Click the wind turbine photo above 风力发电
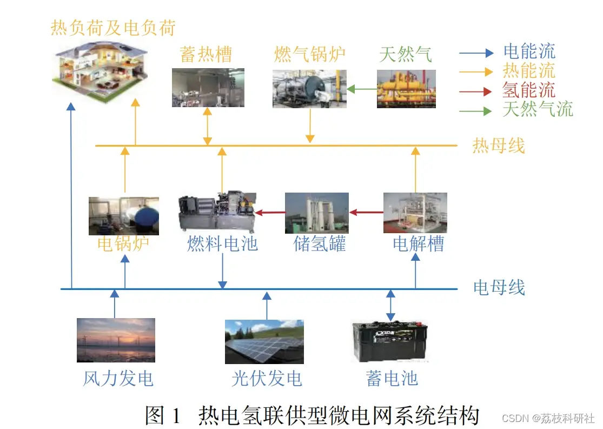116,340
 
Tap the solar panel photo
264,342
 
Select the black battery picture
390,342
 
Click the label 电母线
499,288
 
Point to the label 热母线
499,146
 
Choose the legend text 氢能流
529,90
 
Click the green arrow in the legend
475,111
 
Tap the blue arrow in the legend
476,52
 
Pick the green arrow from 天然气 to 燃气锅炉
362,89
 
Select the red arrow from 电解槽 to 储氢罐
367,212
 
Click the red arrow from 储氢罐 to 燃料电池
270,212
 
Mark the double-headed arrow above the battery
390,306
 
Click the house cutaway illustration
100,72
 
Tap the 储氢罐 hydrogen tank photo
317,213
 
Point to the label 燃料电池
222,244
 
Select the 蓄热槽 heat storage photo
208,88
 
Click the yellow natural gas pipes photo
406,89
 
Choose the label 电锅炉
123,244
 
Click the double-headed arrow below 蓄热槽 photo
208,126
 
